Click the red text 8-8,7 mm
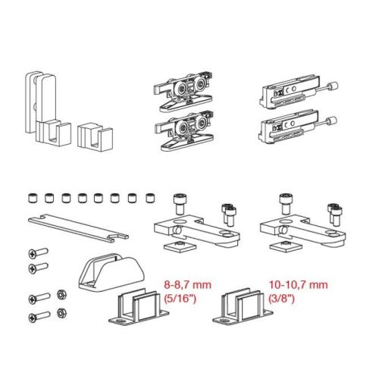(x=187, y=285)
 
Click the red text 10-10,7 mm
(x=298, y=285)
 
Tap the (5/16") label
(x=180, y=299)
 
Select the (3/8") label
(x=282, y=299)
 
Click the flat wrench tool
(x=78, y=227)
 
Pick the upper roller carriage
(x=184, y=92)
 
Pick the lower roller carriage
(x=184, y=131)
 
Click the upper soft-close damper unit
(x=298, y=93)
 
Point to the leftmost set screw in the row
(x=32, y=198)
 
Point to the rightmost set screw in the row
(x=150, y=199)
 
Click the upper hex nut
(x=61, y=294)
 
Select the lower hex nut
(x=61, y=313)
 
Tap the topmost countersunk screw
(x=38, y=253)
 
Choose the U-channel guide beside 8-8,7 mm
(x=139, y=307)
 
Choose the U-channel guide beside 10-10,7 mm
(x=243, y=307)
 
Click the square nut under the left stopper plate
(x=180, y=246)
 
